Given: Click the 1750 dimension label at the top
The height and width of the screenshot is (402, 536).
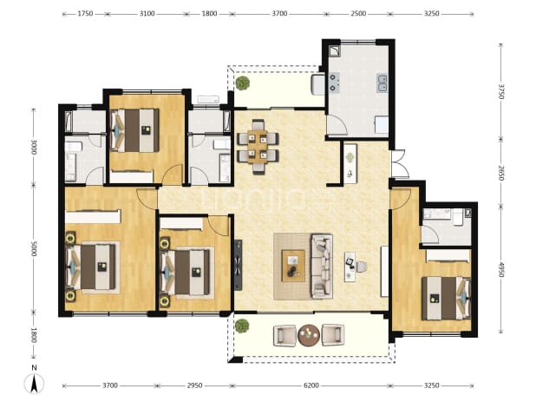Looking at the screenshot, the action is (x=85, y=14).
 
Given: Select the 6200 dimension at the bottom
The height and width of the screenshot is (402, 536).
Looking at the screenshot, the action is (x=311, y=386).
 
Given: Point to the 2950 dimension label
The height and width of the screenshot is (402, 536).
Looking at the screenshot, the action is (x=194, y=386).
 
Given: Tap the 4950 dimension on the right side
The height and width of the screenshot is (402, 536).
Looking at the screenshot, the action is (x=500, y=270).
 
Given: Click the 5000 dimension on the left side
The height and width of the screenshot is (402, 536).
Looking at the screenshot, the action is (x=34, y=248).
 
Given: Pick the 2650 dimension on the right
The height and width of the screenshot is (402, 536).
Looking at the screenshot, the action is (x=500, y=174).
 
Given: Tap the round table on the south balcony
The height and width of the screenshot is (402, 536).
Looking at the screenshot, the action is (x=309, y=335).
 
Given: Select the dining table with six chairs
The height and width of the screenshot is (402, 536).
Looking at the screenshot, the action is (x=258, y=147).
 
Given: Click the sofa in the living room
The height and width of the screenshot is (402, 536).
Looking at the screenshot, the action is (x=322, y=267).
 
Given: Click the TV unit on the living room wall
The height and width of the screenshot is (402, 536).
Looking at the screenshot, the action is (x=239, y=265).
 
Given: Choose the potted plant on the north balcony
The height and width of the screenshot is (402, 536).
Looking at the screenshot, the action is (x=242, y=83).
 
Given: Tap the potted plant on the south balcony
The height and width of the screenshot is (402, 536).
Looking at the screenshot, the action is (x=242, y=326).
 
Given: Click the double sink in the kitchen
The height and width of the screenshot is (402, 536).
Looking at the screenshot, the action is (x=382, y=83).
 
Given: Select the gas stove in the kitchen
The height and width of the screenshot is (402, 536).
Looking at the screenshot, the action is (x=334, y=82).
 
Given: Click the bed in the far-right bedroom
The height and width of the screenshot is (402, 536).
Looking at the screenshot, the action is (x=446, y=298).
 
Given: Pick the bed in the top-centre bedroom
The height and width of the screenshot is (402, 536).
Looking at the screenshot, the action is (x=135, y=130).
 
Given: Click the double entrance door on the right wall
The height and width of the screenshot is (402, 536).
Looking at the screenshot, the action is (x=399, y=164).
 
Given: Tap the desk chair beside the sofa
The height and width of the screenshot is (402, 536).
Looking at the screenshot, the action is (x=362, y=267).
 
